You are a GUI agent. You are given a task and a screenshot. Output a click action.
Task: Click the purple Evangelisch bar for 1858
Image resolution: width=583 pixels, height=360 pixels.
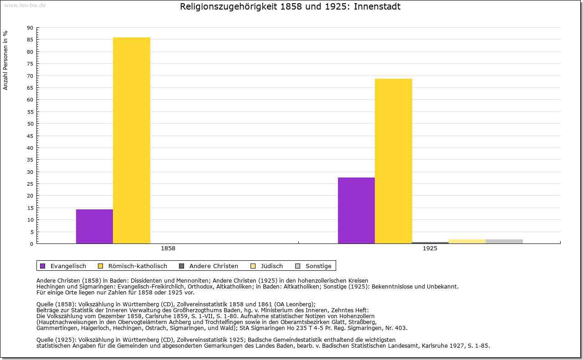click(94, 226)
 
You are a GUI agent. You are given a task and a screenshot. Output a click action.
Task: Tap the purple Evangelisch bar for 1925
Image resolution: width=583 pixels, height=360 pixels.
click(356, 210)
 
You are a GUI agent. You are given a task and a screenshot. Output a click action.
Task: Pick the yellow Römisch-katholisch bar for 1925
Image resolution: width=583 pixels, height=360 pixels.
click(394, 161)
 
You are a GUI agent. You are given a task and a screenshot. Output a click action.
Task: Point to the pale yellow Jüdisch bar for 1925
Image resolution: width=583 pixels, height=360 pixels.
click(467, 241)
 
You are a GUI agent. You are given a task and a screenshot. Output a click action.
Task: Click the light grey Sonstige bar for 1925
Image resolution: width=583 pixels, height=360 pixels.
click(504, 241)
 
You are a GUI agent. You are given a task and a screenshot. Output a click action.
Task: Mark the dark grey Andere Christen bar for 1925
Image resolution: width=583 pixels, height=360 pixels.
click(430, 243)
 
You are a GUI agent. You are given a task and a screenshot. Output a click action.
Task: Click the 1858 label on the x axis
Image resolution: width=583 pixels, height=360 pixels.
click(168, 248)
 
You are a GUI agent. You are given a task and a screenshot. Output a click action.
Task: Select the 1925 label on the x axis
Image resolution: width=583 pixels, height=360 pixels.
click(430, 248)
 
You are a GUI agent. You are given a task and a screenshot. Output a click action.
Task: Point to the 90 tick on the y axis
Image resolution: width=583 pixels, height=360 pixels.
click(30, 28)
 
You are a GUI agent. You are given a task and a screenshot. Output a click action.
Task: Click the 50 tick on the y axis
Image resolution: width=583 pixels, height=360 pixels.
click(30, 124)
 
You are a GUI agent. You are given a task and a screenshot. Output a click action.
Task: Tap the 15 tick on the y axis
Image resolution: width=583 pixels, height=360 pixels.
click(30, 208)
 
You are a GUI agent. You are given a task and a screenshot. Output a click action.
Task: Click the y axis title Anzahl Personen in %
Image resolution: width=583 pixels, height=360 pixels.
click(6, 60)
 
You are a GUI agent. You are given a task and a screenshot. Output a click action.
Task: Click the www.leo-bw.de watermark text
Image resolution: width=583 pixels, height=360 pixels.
click(24, 5)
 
